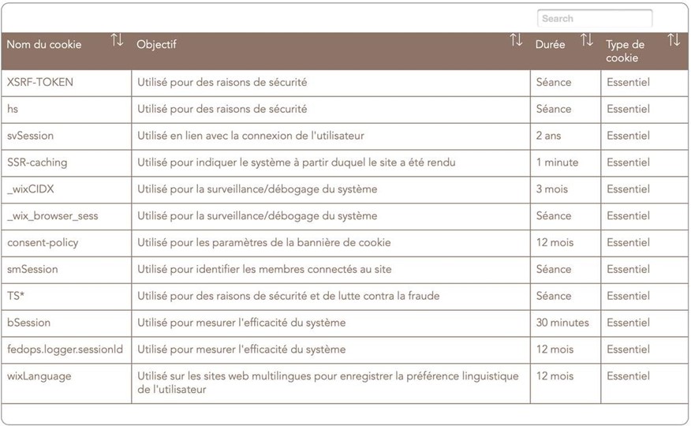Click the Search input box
[595, 18]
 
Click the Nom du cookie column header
[44, 44]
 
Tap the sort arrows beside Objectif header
[516, 40]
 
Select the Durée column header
[551, 44]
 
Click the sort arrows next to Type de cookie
[673, 40]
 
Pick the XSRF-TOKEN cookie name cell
[40, 82]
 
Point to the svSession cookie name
[31, 136]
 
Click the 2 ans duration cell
[549, 136]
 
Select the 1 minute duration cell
[557, 163]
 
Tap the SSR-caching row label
[37, 163]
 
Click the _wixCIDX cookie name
[31, 189]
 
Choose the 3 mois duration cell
[552, 189]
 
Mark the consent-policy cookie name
[43, 242]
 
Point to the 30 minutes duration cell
[562, 323]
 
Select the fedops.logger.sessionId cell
[65, 349]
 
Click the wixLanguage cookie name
[39, 376]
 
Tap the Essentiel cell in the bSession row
[628, 323]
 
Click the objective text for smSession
[264, 269]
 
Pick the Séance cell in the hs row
[554, 109]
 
